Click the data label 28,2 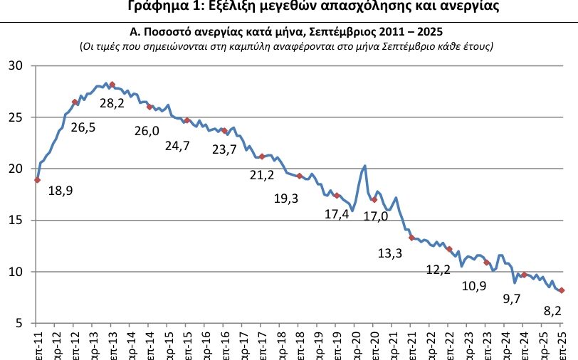(112, 103)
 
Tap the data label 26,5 (83, 128)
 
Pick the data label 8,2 (553, 310)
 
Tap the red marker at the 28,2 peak (112, 85)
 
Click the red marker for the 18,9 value (37, 180)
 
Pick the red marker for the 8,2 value (562, 290)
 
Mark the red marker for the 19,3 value (299, 176)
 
